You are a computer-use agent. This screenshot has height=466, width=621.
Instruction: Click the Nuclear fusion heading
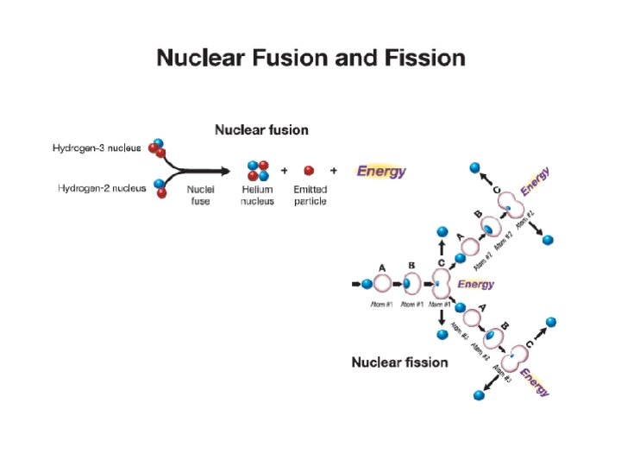[260, 130]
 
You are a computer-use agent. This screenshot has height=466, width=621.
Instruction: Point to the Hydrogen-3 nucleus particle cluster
[158, 148]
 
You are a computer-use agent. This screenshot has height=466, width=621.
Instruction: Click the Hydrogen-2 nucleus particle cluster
[160, 187]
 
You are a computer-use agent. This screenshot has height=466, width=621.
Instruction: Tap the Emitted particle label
[310, 195]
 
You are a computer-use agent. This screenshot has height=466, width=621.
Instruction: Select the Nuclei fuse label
[201, 195]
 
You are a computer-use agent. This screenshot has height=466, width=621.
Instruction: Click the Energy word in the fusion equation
[381, 171]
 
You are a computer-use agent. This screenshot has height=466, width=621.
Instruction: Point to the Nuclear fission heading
[399, 362]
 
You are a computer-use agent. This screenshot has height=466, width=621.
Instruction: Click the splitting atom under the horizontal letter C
[441, 284]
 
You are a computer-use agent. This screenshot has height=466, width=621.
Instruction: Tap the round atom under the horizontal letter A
[382, 284]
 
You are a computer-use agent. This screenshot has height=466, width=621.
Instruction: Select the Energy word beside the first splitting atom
[476, 284]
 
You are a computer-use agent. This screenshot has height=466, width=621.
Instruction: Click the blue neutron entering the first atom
[366, 284]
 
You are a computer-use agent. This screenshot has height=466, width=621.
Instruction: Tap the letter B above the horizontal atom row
[411, 267]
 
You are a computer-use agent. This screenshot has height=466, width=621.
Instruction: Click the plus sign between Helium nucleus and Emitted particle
[284, 171]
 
